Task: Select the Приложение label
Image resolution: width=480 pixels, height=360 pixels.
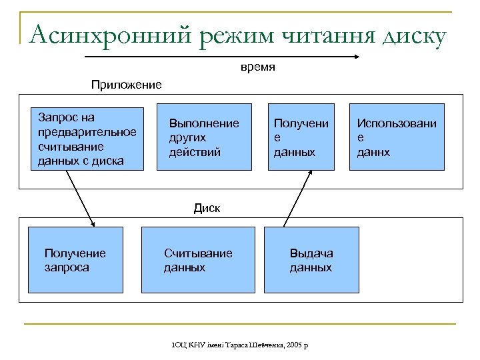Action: [x=127, y=85]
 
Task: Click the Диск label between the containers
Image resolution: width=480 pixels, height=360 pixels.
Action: [x=207, y=207]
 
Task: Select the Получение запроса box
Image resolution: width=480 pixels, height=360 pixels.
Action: [x=75, y=260]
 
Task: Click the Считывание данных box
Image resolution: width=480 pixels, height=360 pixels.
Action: [x=198, y=260]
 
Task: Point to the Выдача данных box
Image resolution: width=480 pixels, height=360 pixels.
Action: [x=311, y=260]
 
